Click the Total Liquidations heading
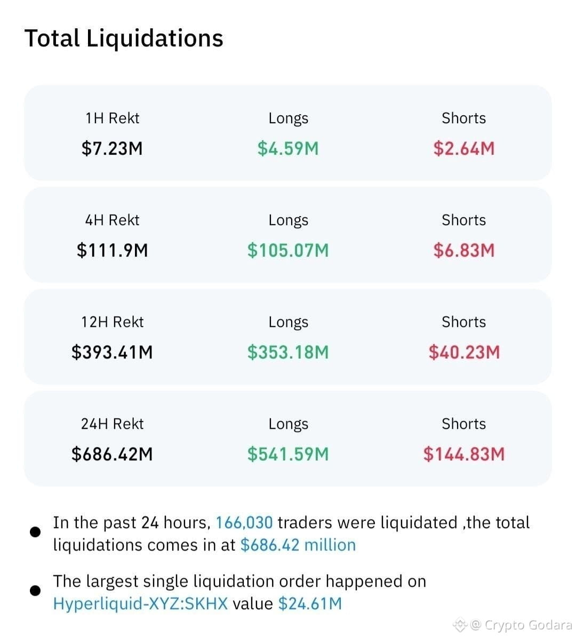coord(124,39)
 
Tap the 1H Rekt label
coord(113,118)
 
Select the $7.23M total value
coord(112,148)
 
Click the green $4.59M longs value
coord(288,148)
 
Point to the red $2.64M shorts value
coord(463,148)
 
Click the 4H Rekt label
coord(113,220)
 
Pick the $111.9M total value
coord(113,250)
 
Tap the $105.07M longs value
coord(288,250)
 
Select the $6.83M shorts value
coord(463,250)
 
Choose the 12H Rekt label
coord(113,322)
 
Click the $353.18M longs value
coord(288,352)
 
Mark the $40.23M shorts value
coord(463,352)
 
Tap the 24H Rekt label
coord(113,424)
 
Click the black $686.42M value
coord(113,454)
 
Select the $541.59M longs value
coord(288,454)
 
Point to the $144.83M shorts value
coord(463,454)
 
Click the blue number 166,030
coord(244,523)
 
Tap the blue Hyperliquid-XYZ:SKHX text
coord(140,603)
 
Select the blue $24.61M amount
coord(310,603)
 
